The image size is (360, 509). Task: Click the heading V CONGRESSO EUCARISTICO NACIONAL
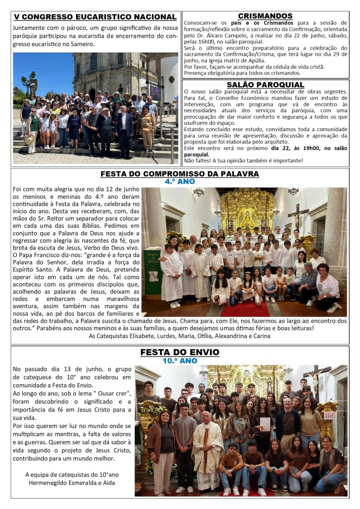point(95,17)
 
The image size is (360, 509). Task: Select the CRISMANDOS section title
point(265,16)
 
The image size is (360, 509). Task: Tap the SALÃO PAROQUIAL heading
point(265,85)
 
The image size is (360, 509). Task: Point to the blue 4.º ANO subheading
point(180,182)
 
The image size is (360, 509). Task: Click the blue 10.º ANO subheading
point(180,360)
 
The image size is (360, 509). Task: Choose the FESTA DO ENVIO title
point(180,352)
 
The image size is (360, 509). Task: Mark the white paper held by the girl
point(266,424)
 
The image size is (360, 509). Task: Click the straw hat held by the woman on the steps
point(29,140)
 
